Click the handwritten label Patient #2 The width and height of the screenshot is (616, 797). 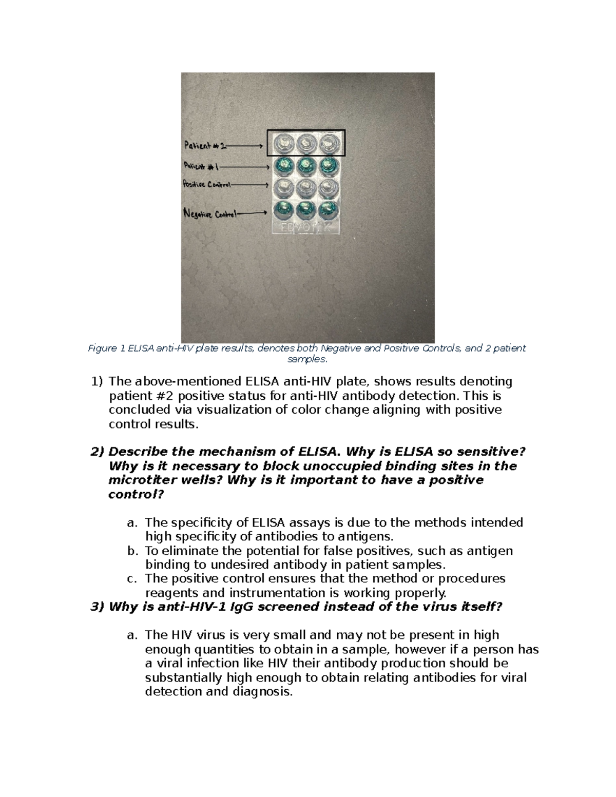coord(204,146)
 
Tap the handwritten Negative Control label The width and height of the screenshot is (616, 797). coord(210,214)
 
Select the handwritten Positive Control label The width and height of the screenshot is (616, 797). coord(207,184)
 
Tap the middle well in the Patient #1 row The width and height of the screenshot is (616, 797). coord(305,165)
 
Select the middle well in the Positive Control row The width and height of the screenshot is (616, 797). coord(305,187)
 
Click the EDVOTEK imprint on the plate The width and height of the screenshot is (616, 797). coord(305,227)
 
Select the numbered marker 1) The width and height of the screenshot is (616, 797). coord(97,381)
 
